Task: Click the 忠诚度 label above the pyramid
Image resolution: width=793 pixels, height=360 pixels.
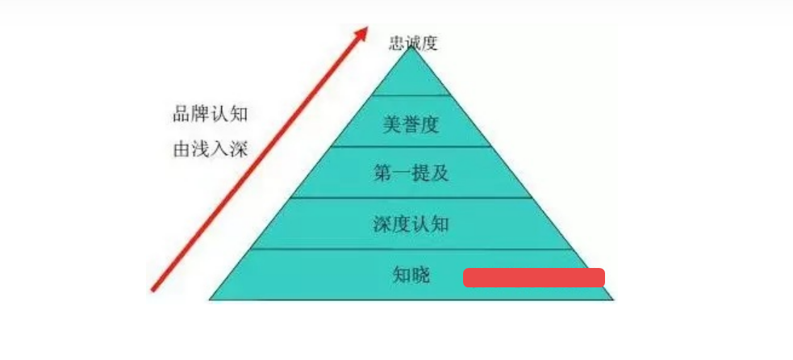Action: [x=413, y=43]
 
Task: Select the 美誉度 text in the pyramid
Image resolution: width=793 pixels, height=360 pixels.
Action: [x=410, y=124]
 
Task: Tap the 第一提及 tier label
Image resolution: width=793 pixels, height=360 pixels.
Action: [x=411, y=174]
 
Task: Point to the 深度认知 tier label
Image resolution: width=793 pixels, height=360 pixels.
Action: [x=411, y=224]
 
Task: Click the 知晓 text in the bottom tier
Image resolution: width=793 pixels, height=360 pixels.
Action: [x=411, y=275]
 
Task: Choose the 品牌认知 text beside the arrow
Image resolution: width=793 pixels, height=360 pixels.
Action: [x=211, y=115]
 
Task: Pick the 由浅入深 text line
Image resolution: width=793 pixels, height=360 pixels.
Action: [x=211, y=149]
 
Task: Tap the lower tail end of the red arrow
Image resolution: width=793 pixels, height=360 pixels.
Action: [x=152, y=291]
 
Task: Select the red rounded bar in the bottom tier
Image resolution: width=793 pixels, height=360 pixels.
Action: [x=533, y=278]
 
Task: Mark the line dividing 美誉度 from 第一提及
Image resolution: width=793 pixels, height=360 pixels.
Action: [x=411, y=146]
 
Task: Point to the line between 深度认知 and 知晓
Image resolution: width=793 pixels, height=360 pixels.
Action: [x=413, y=249]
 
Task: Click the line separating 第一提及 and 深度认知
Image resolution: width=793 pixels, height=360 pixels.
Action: [x=411, y=198]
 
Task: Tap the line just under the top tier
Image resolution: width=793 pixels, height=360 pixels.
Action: [x=411, y=95]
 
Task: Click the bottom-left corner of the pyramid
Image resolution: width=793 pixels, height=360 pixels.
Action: [x=210, y=299]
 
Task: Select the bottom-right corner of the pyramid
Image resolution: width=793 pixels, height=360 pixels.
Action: [x=613, y=299]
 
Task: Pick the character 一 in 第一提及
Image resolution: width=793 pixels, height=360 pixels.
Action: [x=402, y=174]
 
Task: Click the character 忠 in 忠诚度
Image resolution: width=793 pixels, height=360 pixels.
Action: [x=397, y=43]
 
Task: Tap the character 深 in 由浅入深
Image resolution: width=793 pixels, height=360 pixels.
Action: [x=240, y=149]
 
